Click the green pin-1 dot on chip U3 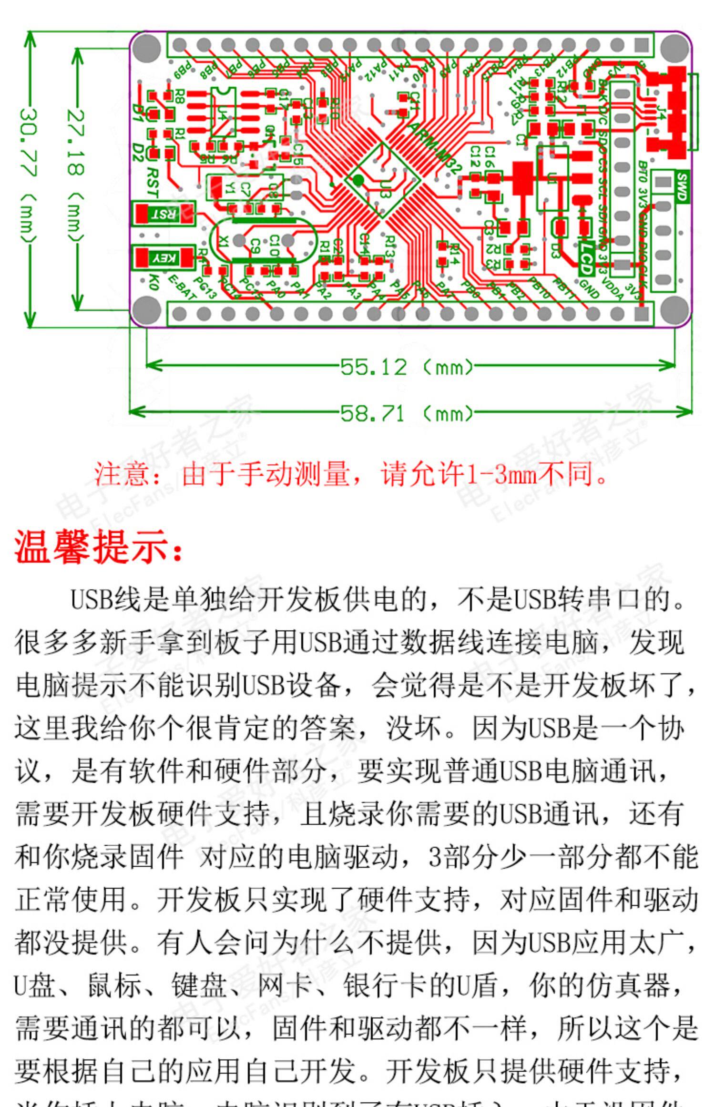click(358, 180)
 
